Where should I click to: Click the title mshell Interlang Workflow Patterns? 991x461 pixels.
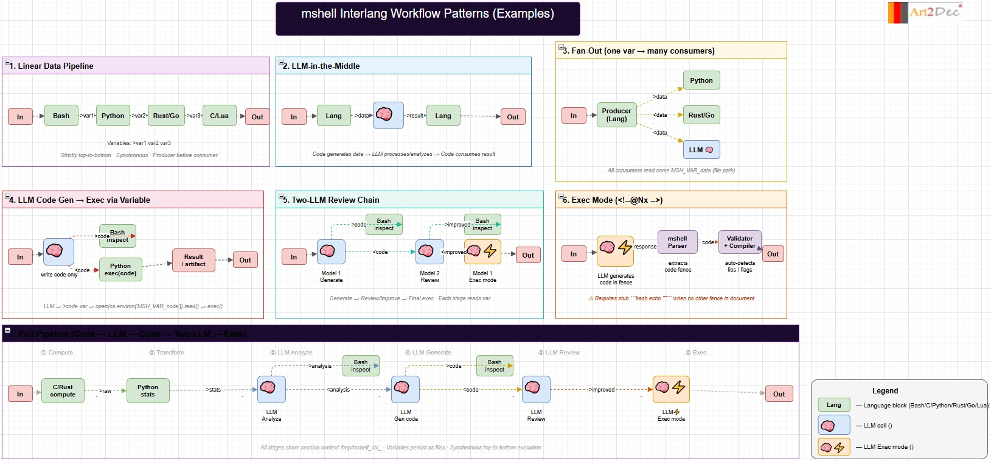(x=427, y=14)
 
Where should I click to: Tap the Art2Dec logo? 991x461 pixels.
(x=925, y=12)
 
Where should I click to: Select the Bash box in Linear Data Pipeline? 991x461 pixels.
(x=61, y=116)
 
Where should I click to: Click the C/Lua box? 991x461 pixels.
(x=219, y=116)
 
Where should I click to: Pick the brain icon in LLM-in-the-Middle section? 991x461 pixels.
(x=384, y=114)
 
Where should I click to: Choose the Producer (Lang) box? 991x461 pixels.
(x=616, y=115)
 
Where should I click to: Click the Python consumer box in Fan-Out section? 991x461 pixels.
(x=701, y=80)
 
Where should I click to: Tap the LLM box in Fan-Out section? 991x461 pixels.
(x=701, y=150)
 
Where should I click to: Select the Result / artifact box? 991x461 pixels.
(x=194, y=260)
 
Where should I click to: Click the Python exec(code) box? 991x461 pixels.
(x=120, y=270)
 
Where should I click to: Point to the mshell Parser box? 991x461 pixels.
(x=677, y=242)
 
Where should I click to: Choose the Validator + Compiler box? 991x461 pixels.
(x=739, y=242)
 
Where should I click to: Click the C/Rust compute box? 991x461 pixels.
(x=63, y=390)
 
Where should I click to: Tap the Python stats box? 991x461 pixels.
(x=148, y=390)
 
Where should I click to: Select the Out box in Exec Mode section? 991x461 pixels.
(x=773, y=254)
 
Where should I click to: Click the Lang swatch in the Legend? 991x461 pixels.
(x=833, y=405)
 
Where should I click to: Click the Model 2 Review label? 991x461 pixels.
(x=429, y=277)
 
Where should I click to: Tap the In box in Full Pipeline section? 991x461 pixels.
(x=20, y=394)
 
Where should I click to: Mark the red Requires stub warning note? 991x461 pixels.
(x=671, y=298)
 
